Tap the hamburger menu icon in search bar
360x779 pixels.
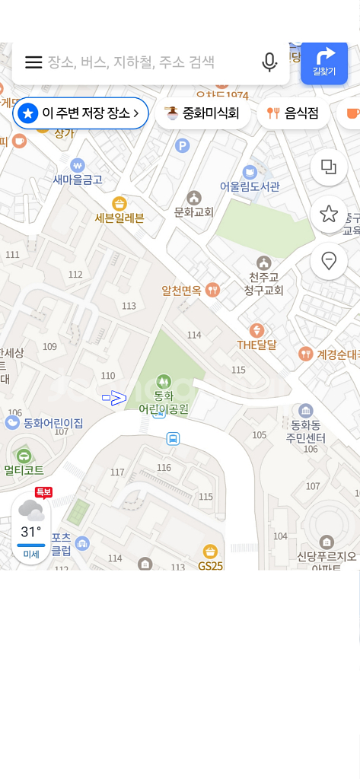33,62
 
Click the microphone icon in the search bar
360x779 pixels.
269,62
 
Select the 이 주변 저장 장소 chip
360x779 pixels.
81,113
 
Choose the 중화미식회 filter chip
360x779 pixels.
202,113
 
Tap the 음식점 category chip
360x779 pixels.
293,113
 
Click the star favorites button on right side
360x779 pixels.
329,214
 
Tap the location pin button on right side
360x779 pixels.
329,261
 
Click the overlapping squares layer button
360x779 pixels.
329,167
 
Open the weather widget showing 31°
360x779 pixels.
31,529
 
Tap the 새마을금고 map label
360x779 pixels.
77,180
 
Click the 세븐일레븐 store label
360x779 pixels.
119,218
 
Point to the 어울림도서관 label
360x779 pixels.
250,186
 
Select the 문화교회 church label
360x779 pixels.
194,211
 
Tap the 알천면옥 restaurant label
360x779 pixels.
181,290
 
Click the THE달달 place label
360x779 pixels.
256,345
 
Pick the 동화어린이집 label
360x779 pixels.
53,423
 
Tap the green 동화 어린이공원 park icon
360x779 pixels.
163,380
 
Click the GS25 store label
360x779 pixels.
210,565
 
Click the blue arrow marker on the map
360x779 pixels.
114,397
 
